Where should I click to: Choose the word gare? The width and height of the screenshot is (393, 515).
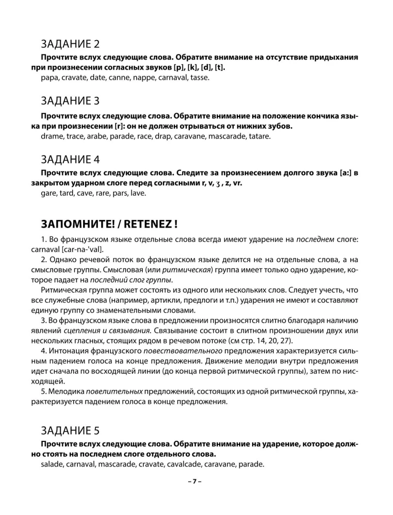click(48, 194)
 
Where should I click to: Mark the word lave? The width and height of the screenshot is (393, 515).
click(138, 194)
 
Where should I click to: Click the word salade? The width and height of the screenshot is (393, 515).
click(52, 464)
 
